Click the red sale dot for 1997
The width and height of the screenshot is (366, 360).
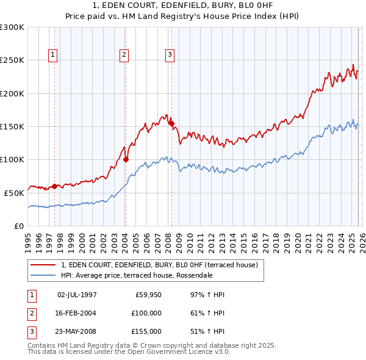[x=54, y=186]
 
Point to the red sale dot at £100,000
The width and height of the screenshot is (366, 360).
[x=126, y=160]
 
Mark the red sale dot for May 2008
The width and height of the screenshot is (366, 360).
[x=171, y=123]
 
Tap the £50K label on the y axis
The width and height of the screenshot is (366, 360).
[x=14, y=193]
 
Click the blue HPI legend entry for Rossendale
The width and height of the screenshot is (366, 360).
[x=137, y=275]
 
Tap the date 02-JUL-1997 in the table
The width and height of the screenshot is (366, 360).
[x=77, y=295]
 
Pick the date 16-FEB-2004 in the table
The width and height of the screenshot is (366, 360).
[x=77, y=313]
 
